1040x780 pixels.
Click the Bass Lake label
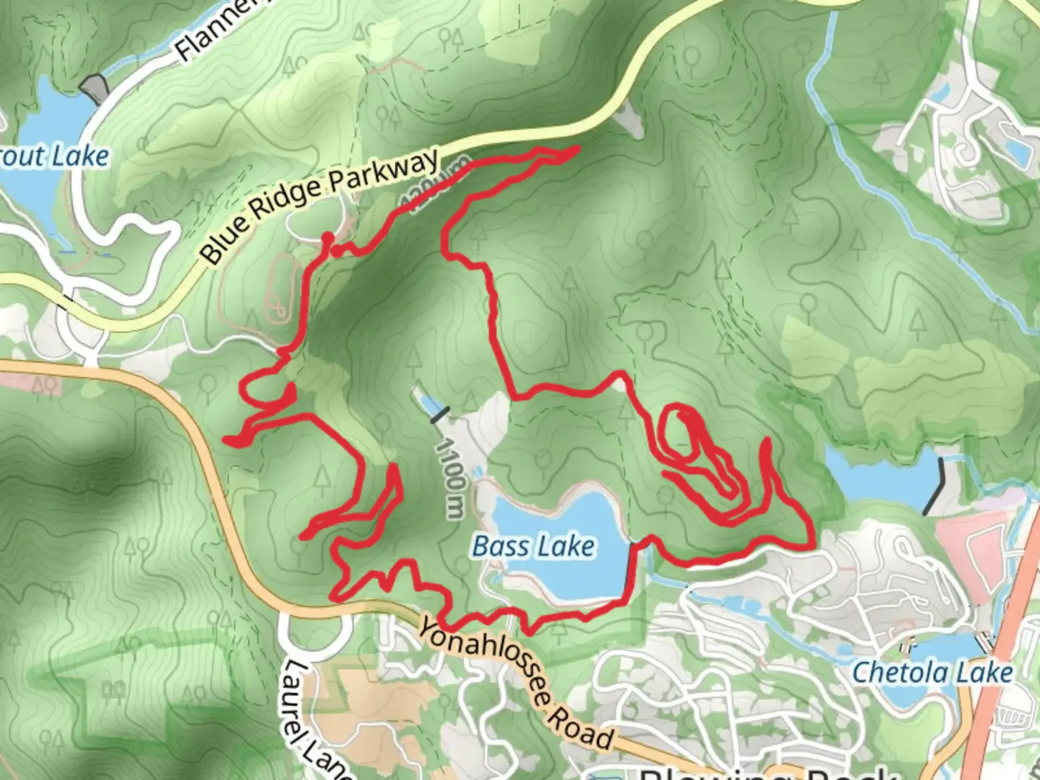pos(534,547)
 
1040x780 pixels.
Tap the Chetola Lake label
pos(932,672)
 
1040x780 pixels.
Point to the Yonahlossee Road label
pos(516,683)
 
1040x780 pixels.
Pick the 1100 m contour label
pos(449,477)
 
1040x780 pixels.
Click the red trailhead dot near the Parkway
pos(327,238)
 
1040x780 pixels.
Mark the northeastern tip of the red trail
pos(576,149)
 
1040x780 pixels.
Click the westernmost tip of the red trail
pos(226,439)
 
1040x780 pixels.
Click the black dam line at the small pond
pos(440,413)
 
